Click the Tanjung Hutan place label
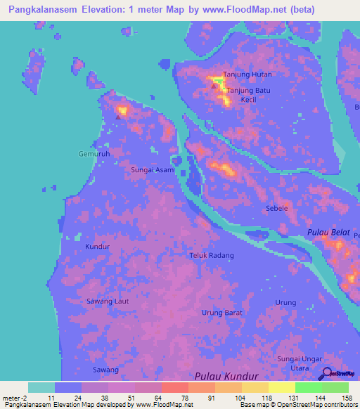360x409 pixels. [x=247, y=74]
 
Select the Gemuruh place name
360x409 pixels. [x=94, y=153]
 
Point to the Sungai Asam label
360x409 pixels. [x=153, y=170]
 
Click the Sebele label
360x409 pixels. [x=276, y=209]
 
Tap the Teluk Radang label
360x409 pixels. [x=212, y=256]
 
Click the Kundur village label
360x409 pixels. [x=98, y=247]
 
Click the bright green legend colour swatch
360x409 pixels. [x=308, y=387]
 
